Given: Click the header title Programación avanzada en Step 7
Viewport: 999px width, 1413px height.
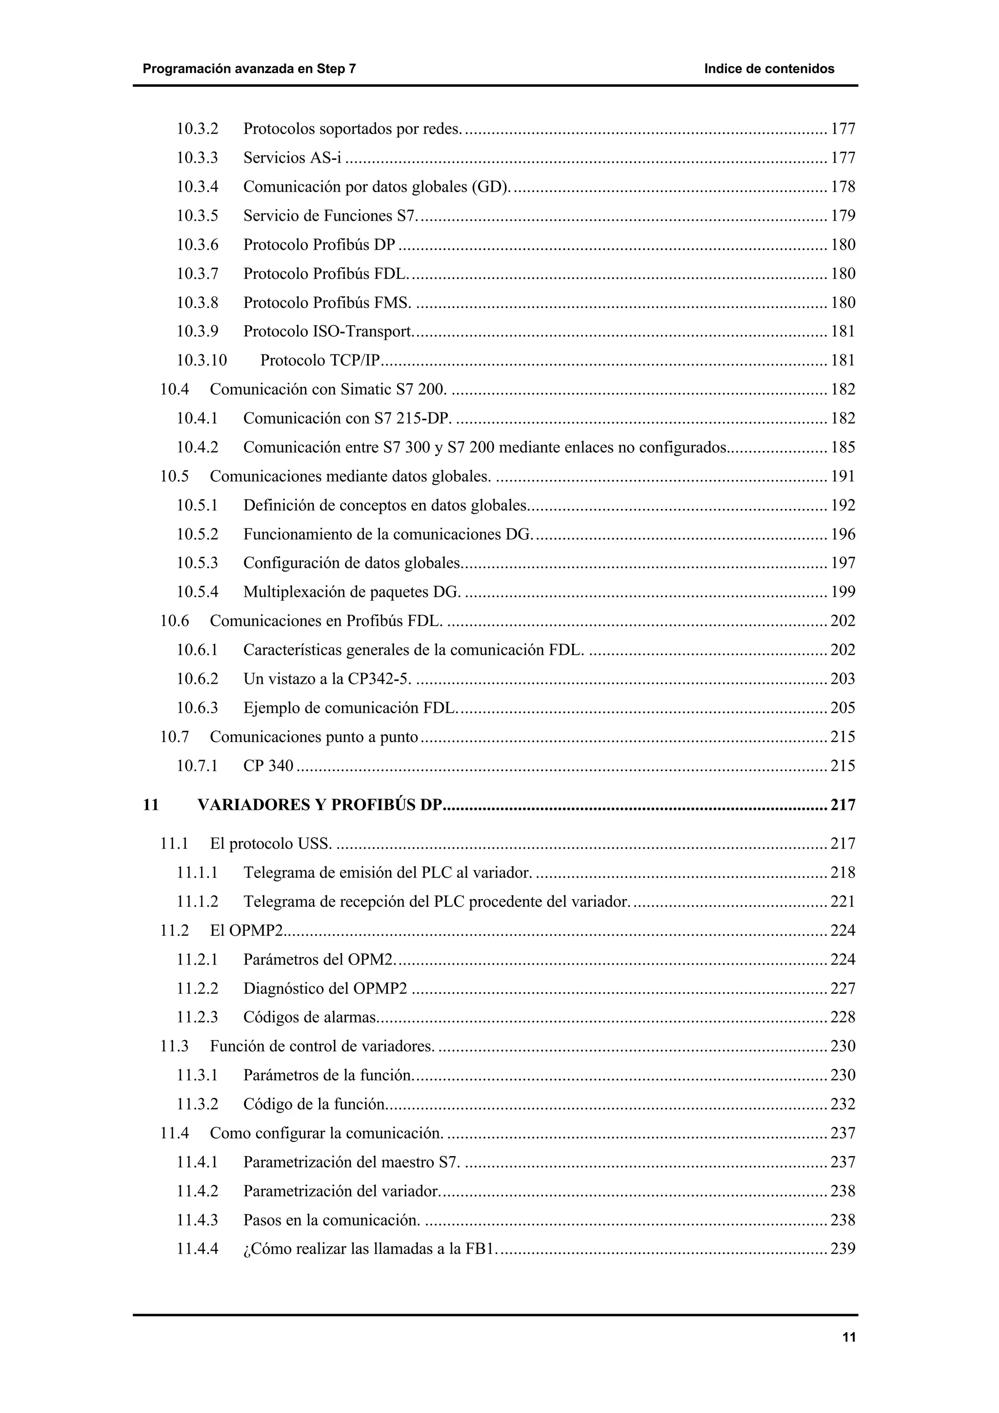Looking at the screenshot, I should (x=249, y=69).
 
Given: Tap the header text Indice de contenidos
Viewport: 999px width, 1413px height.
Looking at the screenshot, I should (x=769, y=69).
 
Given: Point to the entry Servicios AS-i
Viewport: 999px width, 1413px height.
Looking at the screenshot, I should (x=292, y=158).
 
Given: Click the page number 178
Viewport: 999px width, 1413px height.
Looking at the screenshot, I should (x=842, y=187).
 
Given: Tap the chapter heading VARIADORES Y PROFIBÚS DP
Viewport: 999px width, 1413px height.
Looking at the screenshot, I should (x=320, y=805).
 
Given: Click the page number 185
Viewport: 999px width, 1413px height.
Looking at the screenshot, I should (x=842, y=448).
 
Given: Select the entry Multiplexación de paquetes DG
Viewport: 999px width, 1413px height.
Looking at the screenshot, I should (x=352, y=592).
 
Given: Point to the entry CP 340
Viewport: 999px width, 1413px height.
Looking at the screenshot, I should (x=268, y=765).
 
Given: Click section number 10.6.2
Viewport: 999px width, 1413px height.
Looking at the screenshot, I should (x=197, y=679).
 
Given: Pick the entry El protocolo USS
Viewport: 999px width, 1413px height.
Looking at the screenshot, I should (x=271, y=844).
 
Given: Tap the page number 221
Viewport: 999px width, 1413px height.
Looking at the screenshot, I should (x=842, y=902).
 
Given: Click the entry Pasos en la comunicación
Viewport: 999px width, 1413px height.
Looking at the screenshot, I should (x=331, y=1220).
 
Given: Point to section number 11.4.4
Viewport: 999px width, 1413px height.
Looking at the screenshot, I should (x=197, y=1249).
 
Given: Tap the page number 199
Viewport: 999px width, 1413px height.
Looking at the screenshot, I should (x=842, y=592).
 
